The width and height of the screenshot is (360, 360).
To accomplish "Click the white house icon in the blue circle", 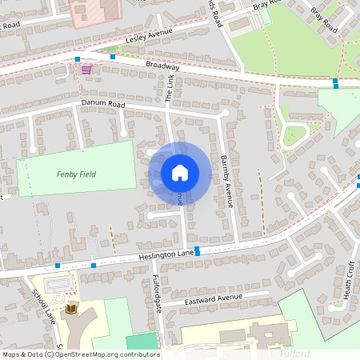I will [180, 172].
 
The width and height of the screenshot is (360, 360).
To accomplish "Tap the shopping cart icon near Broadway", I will [86, 70].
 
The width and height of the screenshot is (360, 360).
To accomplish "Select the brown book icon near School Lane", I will [70, 309].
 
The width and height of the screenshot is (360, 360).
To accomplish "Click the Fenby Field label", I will [76, 174].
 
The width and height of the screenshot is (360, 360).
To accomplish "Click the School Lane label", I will [39, 301].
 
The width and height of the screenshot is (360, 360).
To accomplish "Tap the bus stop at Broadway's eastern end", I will [335, 85].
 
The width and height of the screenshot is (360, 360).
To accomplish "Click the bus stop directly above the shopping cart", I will [78, 59].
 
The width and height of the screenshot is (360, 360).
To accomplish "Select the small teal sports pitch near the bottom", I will [142, 341].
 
